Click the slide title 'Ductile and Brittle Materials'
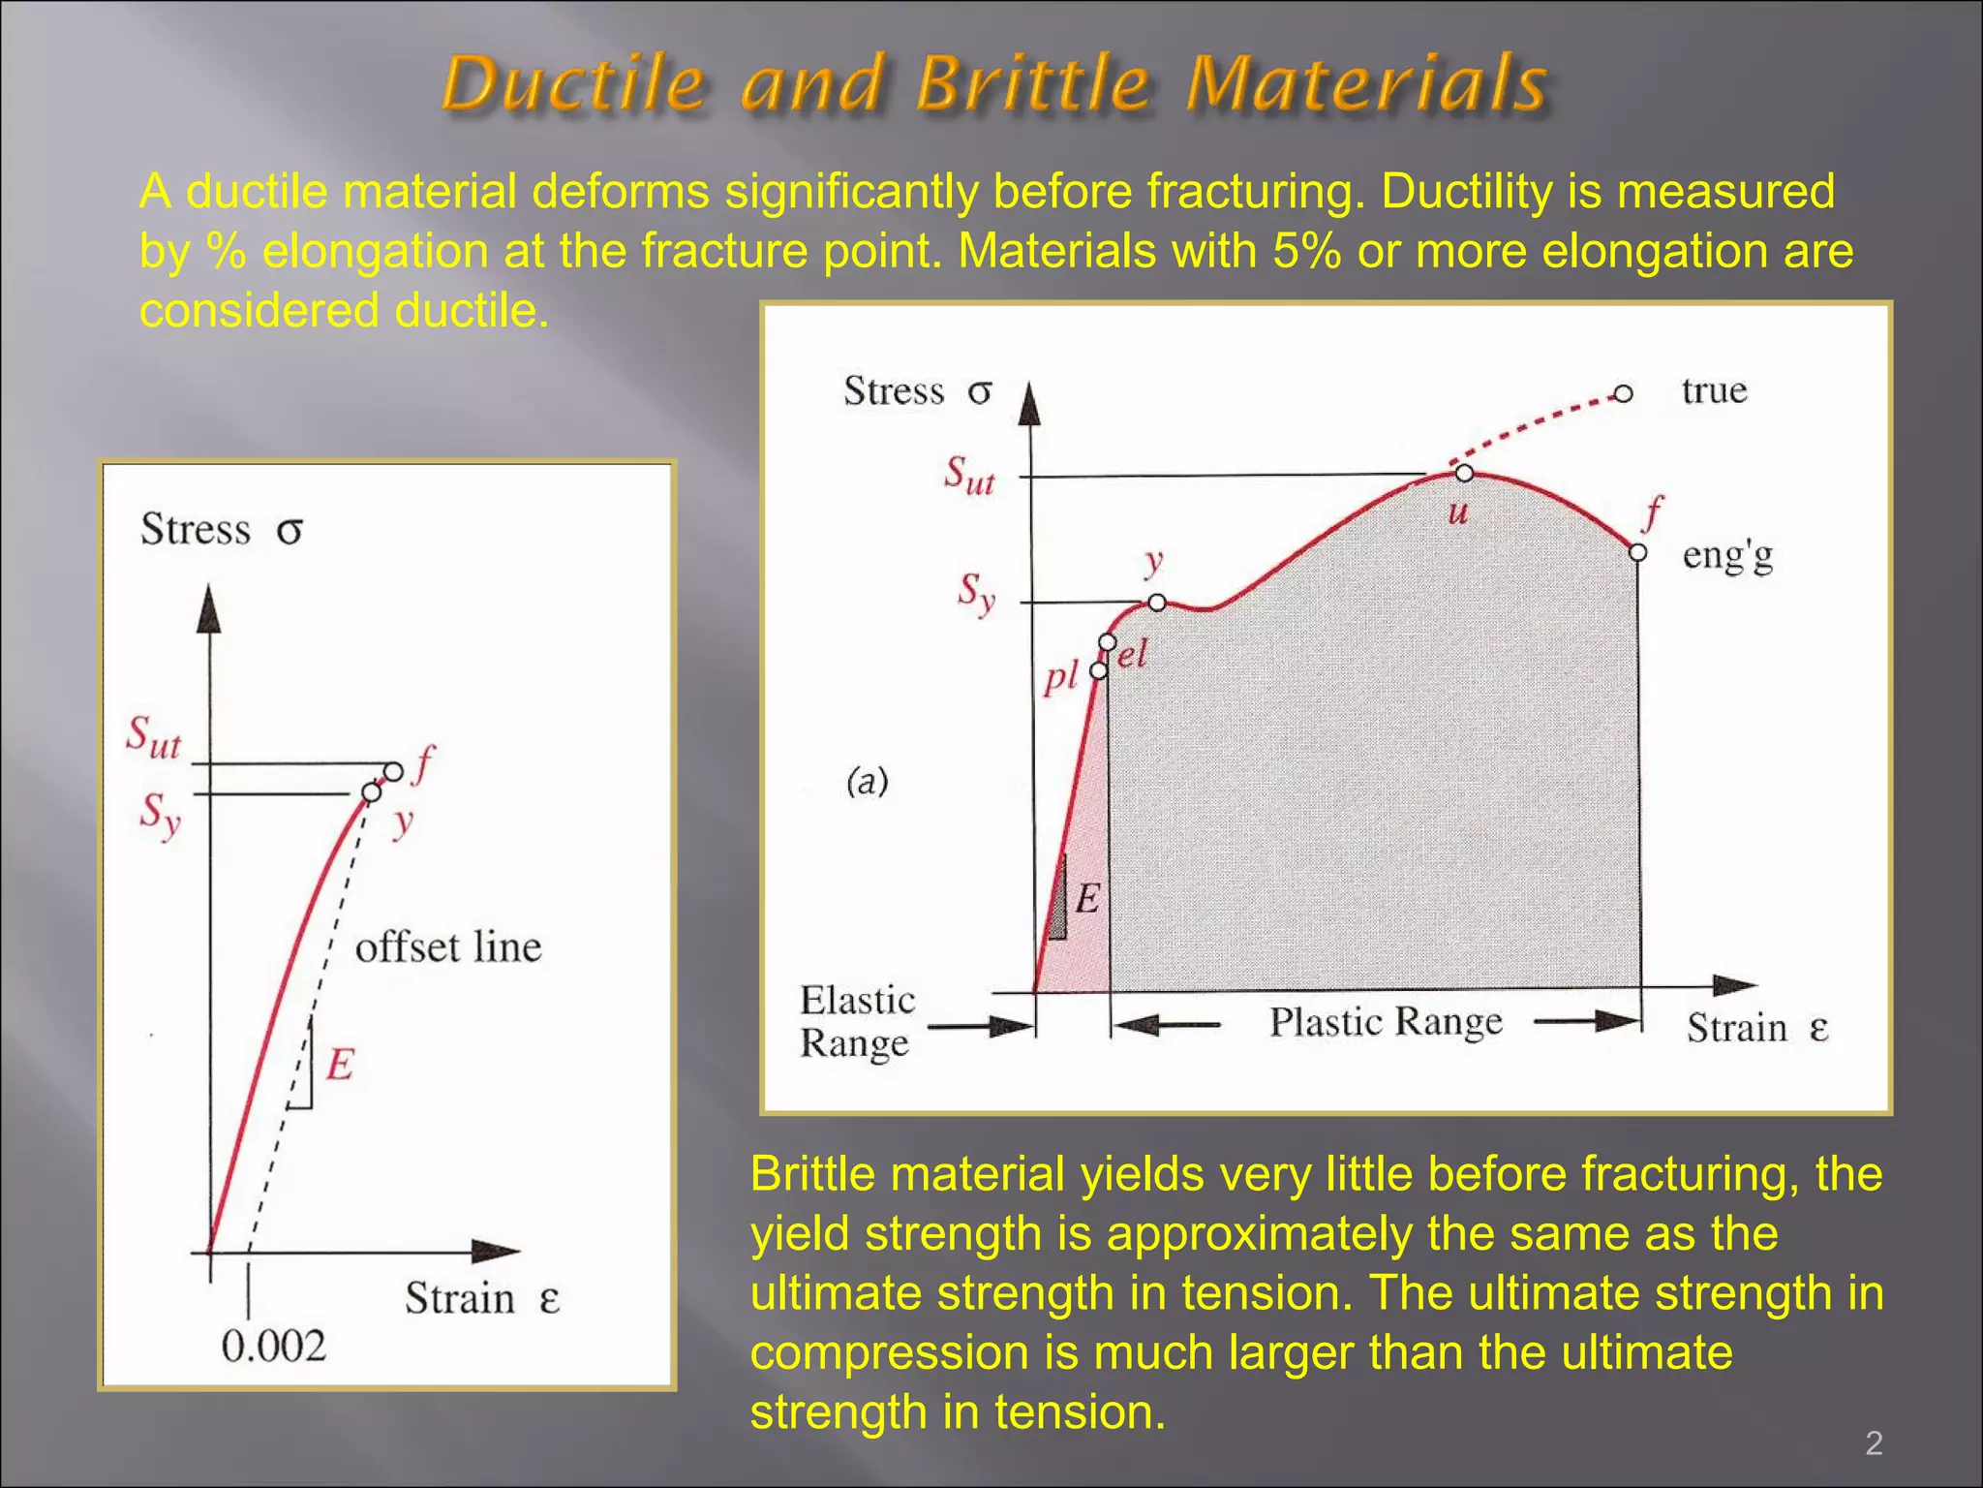(994, 83)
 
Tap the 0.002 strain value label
(273, 1346)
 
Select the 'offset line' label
(447, 947)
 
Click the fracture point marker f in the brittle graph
(393, 772)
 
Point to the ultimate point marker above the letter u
(1464, 473)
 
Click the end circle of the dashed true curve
(1624, 393)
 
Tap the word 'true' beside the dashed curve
(1714, 390)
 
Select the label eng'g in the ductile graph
(1727, 555)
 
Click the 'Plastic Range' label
(1386, 1021)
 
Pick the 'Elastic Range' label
(857, 1021)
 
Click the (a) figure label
(867, 781)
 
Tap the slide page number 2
(1874, 1443)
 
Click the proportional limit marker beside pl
(1099, 670)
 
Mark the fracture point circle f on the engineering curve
(1637, 552)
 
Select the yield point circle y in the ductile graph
(1157, 603)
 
